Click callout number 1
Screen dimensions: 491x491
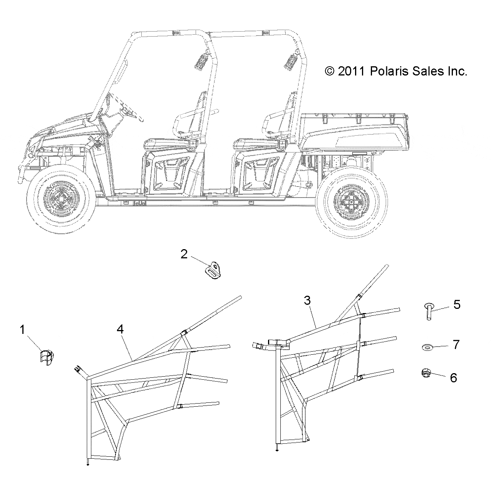(x=22, y=330)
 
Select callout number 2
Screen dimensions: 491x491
(x=184, y=254)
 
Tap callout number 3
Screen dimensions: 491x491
(x=307, y=301)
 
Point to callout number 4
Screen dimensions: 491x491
(x=120, y=330)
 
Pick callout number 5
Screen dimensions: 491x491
(x=457, y=305)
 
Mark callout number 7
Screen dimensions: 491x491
(x=456, y=345)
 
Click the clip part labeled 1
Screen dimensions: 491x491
(x=47, y=357)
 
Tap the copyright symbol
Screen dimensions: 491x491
(x=330, y=71)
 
